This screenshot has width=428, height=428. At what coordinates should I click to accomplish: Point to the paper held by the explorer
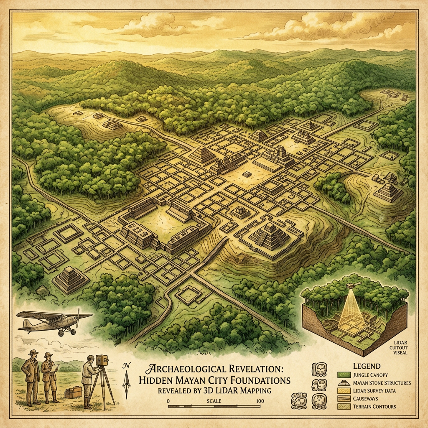(55, 367)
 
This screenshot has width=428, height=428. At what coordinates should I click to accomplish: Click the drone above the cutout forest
(352, 286)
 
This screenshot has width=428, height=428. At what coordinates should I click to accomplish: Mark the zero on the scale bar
(168, 401)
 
